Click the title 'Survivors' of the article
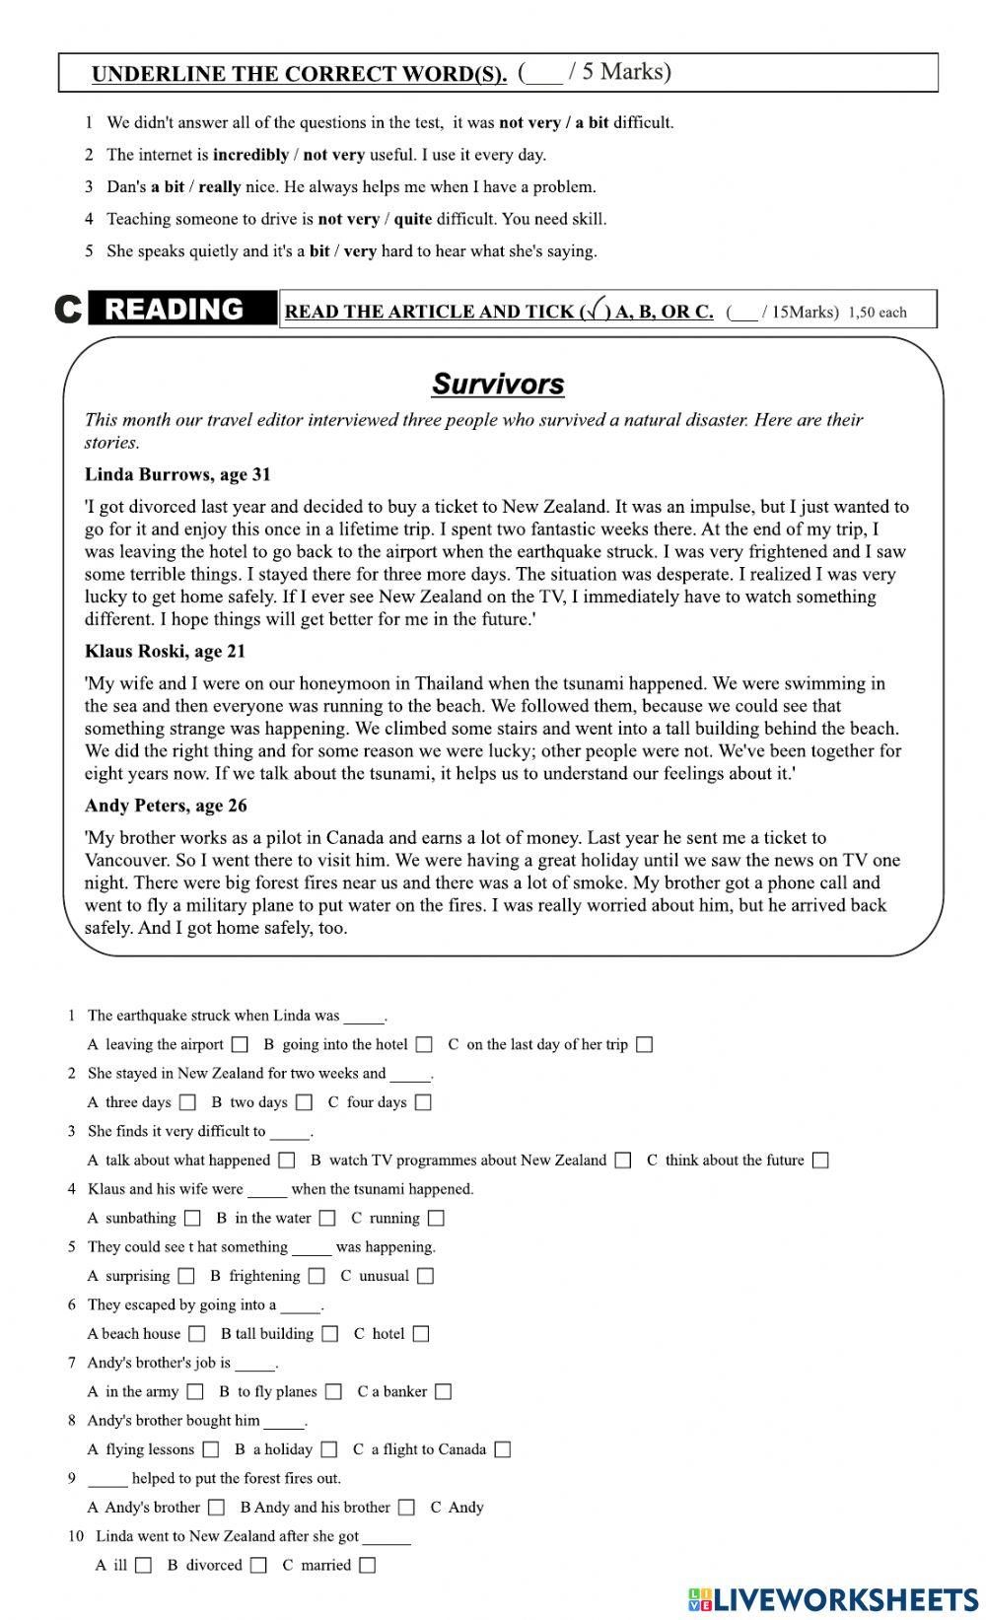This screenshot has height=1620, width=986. coord(498,384)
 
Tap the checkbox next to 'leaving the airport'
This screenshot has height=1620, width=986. coord(240,1044)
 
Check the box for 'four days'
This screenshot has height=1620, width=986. coord(423,1102)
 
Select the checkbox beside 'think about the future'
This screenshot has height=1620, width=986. coord(820,1161)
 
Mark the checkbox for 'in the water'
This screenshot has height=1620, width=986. coord(327,1219)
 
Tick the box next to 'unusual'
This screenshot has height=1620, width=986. coord(425,1276)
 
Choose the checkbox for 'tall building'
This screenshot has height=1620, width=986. coord(330,1334)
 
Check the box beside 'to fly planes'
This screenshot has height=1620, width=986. coord(334,1392)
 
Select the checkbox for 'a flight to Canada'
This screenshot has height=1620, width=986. coord(503,1449)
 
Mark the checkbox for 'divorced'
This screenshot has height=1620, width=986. coord(258,1565)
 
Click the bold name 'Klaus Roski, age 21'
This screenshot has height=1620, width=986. coord(165,651)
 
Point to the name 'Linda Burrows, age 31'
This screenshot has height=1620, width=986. coord(177,474)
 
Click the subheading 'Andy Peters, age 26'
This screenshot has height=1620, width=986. coord(166,806)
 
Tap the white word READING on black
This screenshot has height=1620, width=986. coord(175,310)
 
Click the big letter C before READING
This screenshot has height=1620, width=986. coord(68,310)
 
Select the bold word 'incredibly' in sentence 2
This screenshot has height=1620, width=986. coord(250,155)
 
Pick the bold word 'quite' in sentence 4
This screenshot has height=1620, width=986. coord(412,219)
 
